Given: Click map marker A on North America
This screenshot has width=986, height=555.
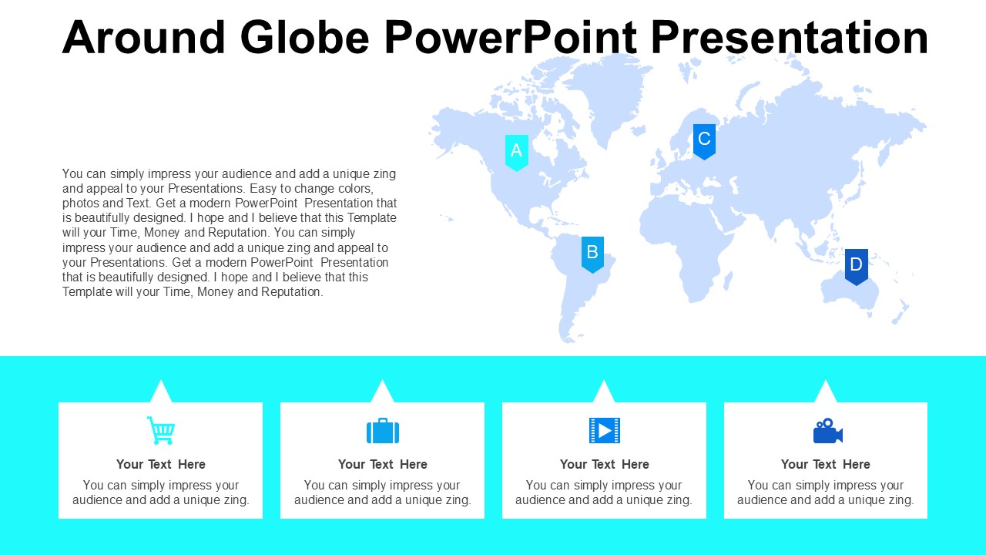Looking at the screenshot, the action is click(x=516, y=153).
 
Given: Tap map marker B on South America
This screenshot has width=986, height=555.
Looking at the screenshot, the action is click(x=592, y=254).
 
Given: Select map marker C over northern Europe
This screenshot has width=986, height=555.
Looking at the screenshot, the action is click(x=704, y=142).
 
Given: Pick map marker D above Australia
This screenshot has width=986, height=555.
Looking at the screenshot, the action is click(x=856, y=267).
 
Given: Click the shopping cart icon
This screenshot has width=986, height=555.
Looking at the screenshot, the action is click(x=161, y=430).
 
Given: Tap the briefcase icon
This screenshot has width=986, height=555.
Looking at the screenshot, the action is click(x=383, y=430).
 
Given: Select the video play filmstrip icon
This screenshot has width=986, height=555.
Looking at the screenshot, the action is click(x=605, y=430).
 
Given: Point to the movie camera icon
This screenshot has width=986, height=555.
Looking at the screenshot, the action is click(x=827, y=430).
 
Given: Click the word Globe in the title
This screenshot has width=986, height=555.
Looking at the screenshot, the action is click(x=304, y=37).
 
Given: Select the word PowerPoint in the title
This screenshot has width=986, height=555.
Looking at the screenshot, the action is click(x=511, y=37).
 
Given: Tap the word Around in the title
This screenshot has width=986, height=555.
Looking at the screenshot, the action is click(x=143, y=37).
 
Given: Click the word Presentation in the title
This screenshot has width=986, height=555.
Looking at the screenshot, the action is click(x=790, y=37).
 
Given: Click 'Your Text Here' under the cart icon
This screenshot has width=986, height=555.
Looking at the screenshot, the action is click(x=161, y=464).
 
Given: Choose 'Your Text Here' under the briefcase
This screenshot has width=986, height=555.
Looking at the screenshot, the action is click(x=383, y=464).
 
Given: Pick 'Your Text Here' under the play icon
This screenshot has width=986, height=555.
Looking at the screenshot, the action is click(x=605, y=464).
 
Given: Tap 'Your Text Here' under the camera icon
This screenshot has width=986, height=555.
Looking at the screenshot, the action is click(x=825, y=464).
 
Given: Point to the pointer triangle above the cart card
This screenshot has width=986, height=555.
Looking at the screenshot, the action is click(x=161, y=393).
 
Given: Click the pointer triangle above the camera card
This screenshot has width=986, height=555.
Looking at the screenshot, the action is click(x=825, y=393).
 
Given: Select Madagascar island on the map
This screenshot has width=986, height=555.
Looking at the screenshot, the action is click(x=728, y=280).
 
